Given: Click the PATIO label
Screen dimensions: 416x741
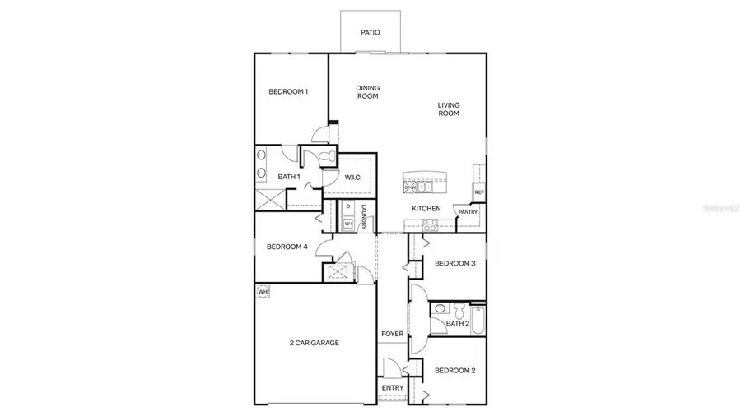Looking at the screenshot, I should [370, 33].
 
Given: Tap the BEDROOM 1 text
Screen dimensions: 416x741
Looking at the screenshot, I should [288, 91].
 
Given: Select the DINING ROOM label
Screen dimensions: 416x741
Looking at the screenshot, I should [367, 92].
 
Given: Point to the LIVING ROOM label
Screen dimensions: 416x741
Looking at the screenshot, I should [448, 109].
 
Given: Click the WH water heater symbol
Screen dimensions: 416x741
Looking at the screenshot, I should [263, 291].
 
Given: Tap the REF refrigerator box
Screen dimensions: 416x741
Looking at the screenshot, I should [478, 192].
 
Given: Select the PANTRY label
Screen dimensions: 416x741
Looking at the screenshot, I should [468, 212].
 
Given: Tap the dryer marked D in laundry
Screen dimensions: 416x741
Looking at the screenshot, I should [348, 206].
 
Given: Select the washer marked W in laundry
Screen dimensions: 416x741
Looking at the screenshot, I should [348, 223].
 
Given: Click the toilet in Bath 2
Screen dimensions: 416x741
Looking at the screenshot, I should [440, 310].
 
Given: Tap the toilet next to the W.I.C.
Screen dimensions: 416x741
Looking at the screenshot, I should [324, 156].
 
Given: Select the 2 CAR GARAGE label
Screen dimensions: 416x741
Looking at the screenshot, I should [314, 343].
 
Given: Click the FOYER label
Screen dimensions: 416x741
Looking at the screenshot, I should [392, 334].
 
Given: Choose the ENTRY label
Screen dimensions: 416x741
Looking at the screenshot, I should [392, 388].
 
